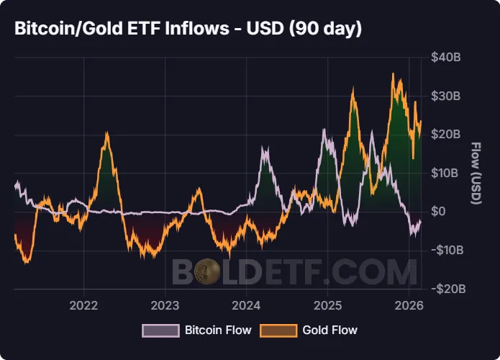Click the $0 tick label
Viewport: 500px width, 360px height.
(439, 212)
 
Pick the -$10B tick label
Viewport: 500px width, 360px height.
(446, 251)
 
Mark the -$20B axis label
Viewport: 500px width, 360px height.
(446, 289)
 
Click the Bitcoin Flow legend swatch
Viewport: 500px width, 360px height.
(160, 330)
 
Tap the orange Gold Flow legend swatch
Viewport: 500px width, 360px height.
(278, 330)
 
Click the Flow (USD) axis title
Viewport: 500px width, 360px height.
(475, 174)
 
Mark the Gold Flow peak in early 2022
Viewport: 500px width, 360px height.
(106, 132)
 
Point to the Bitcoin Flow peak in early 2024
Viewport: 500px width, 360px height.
(264, 148)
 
